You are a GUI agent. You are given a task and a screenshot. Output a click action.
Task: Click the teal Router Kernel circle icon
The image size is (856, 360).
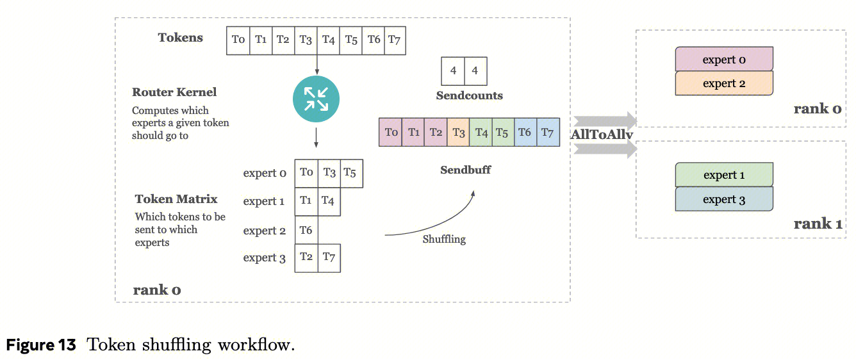[315, 99]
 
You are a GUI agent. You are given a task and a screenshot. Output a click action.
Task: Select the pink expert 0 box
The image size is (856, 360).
[724, 60]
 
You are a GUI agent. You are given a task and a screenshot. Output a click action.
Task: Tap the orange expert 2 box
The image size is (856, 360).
[724, 83]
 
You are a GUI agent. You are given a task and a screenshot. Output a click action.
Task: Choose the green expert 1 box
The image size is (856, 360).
[724, 175]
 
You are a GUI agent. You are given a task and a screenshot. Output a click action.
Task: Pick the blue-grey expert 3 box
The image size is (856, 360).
[724, 199]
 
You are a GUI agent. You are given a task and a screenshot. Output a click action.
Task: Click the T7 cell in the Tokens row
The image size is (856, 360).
[394, 40]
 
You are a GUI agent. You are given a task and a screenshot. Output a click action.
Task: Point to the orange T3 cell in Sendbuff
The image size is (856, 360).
[458, 133]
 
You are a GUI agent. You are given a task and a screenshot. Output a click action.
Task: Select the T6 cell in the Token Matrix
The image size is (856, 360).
[306, 231]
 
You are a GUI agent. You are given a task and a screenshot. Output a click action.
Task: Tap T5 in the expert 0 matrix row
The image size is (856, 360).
[350, 173]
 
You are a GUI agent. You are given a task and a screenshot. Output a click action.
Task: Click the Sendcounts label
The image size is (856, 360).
[469, 95]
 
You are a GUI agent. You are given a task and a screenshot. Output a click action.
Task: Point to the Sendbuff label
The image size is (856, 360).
[466, 170]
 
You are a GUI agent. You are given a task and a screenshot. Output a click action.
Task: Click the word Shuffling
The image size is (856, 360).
[444, 239]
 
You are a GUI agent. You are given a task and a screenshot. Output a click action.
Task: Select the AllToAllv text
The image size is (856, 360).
[602, 135]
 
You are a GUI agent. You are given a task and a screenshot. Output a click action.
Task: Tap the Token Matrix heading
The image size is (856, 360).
[176, 199]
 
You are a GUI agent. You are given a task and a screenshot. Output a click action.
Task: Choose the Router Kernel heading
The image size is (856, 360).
[174, 92]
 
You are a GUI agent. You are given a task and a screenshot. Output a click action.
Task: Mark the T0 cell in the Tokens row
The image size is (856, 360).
[238, 40]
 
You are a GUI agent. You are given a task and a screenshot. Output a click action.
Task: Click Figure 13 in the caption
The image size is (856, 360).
[41, 345]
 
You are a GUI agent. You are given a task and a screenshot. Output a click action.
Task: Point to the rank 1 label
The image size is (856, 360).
[818, 224]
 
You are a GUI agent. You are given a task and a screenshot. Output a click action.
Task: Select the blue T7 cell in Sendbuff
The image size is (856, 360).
[548, 133]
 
